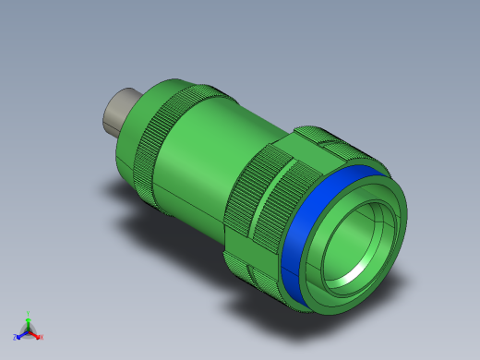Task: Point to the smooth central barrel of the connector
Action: point(208,152)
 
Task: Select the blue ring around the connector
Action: point(300,245)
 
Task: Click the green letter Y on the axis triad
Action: point(29,314)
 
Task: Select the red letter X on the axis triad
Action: point(42,337)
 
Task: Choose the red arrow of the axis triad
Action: point(36,334)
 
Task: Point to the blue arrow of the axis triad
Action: point(22,334)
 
